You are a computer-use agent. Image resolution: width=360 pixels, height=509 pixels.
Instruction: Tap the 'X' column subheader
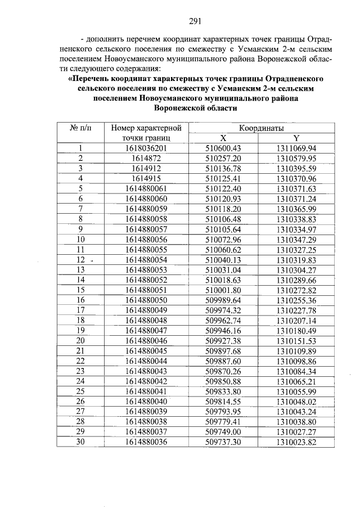(223, 138)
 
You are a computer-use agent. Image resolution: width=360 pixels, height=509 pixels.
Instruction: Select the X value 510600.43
(223, 148)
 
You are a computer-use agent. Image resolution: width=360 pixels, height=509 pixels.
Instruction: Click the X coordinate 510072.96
(223, 240)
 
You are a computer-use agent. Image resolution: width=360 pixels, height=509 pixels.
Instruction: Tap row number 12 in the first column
(80, 260)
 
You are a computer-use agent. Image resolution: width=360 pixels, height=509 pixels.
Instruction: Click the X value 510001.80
(223, 290)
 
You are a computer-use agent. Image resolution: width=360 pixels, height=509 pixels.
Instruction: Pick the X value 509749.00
(223, 432)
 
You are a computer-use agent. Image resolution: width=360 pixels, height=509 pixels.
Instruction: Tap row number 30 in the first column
(80, 442)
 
